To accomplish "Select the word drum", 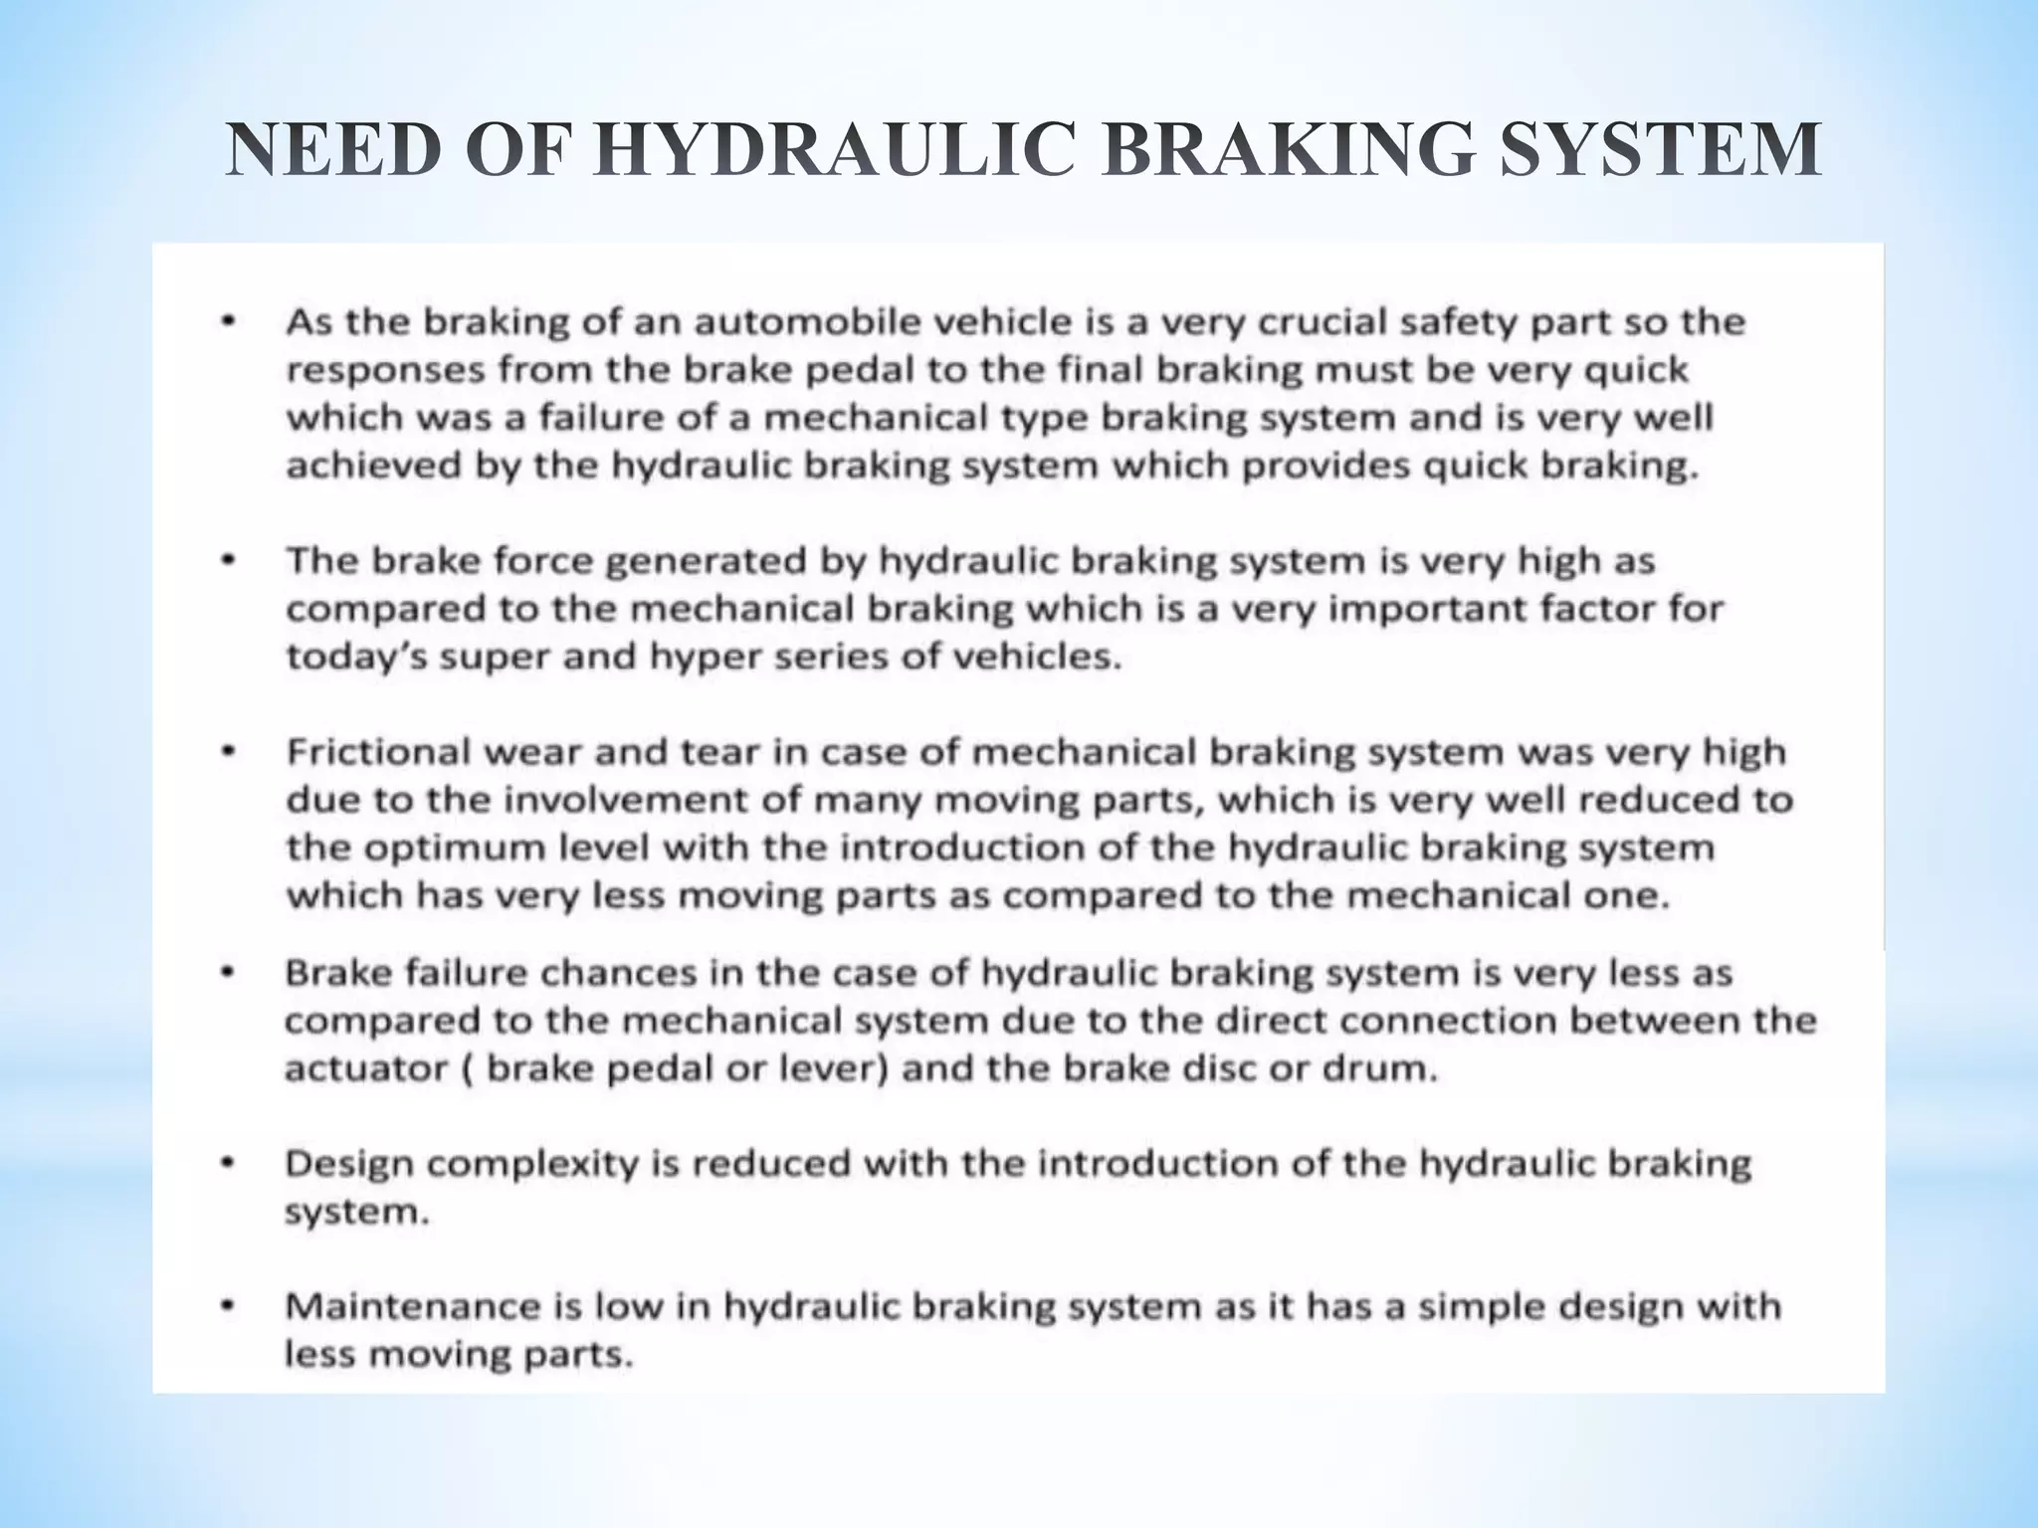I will click(x=1393, y=1069).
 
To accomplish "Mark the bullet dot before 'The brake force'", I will click(x=229, y=561).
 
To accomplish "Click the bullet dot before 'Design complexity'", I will click(x=228, y=1163).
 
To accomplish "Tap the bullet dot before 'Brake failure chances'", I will click(x=228, y=972).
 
